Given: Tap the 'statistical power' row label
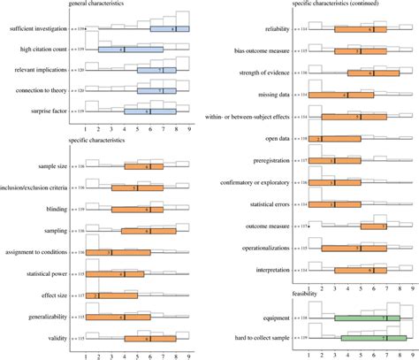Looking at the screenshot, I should pyautogui.click(x=49, y=274).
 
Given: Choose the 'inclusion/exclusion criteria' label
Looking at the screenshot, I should pyautogui.click(x=38, y=188).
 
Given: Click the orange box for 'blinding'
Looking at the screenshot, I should pyautogui.click(x=137, y=210).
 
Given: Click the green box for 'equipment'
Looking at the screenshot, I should pyautogui.click(x=366, y=317).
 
